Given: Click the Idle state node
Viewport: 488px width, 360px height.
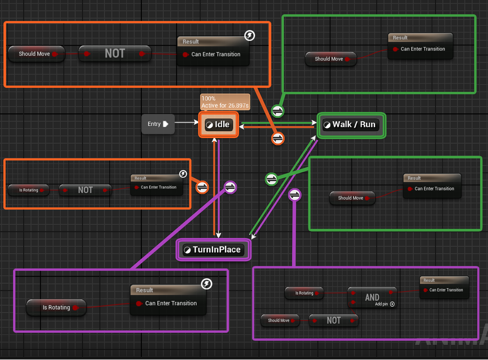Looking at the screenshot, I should [x=218, y=125].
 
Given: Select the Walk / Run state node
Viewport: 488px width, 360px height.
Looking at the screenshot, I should [x=351, y=125].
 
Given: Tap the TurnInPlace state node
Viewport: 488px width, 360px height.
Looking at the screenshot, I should [x=213, y=250].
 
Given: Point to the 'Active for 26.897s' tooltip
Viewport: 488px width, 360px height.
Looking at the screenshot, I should [x=225, y=102].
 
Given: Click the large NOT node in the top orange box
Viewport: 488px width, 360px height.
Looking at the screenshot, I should [x=115, y=54].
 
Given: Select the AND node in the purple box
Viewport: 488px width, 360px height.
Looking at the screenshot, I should [x=372, y=297].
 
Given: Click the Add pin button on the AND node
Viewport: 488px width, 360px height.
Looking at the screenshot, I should [x=392, y=304].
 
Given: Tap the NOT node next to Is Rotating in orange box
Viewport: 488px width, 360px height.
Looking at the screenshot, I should [x=85, y=190].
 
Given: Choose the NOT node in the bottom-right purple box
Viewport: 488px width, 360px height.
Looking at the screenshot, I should [x=333, y=320].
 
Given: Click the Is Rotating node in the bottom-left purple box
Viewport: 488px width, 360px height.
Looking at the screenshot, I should [x=56, y=307].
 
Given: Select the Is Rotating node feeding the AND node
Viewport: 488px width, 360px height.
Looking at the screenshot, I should [x=304, y=293].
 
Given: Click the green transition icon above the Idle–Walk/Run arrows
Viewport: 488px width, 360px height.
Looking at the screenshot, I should [x=277, y=111].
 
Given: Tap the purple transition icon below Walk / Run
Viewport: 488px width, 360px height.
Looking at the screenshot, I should [x=295, y=195].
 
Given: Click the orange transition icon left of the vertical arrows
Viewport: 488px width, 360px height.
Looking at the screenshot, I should [x=202, y=187].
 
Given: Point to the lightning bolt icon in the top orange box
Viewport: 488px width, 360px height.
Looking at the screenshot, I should [x=249, y=36].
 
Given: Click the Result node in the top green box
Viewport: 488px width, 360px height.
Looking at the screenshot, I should [x=420, y=46].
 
